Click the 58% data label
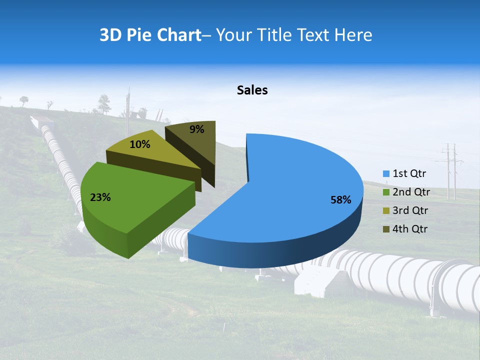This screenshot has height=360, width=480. coord(341,200)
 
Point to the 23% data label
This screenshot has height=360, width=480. coord(100,197)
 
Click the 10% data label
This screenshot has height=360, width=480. coord(140,144)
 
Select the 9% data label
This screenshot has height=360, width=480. coord(197,129)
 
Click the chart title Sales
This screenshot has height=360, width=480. coord(252,90)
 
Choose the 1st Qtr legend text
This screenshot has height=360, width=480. coord(409,174)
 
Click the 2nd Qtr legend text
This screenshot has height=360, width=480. coord(411,192)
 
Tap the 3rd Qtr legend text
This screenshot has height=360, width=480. coord(410,210)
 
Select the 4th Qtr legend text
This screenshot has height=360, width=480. coord(410,229)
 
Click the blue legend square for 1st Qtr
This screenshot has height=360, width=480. coord(386,174)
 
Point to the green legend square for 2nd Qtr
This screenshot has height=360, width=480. coord(386,192)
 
